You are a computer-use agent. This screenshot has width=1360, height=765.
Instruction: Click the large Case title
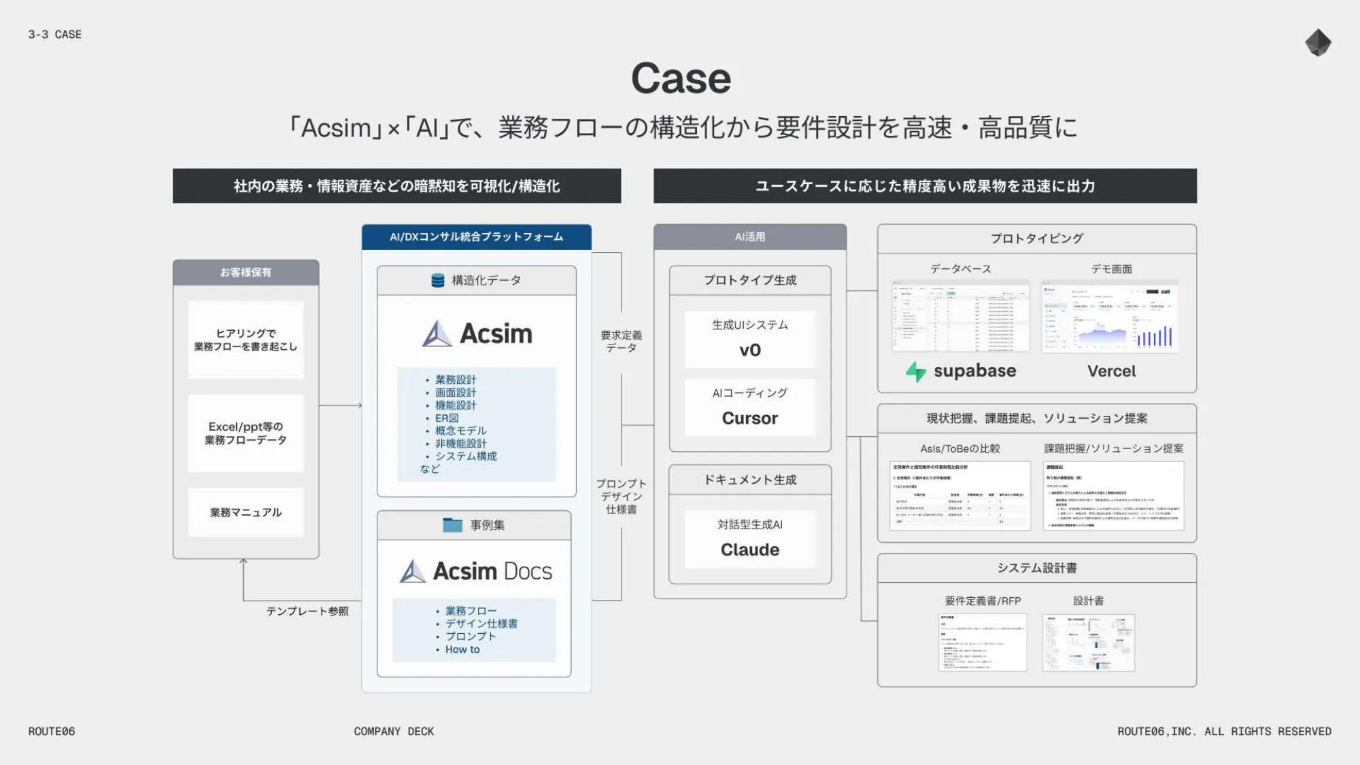pyautogui.click(x=681, y=78)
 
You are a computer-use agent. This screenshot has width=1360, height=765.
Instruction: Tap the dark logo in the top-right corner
pyautogui.click(x=1318, y=43)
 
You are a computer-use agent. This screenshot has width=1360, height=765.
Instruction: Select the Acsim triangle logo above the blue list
pyautogui.click(x=437, y=334)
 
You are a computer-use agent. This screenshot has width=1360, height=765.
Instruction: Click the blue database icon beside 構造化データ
pyautogui.click(x=438, y=280)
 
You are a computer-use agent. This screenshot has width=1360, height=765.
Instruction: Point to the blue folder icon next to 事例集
pyautogui.click(x=452, y=524)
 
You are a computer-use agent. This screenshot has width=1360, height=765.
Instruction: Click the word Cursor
pyautogui.click(x=749, y=418)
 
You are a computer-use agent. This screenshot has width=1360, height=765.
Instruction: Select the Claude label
pyautogui.click(x=749, y=549)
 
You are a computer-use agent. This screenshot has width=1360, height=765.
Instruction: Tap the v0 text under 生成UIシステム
pyautogui.click(x=749, y=350)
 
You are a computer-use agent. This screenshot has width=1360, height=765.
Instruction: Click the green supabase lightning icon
pyautogui.click(x=916, y=371)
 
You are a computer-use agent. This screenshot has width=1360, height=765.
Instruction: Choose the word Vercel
pyautogui.click(x=1111, y=371)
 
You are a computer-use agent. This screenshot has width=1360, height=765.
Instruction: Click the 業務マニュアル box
pyautogui.click(x=245, y=512)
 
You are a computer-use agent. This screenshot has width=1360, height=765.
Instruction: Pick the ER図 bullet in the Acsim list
pyautogui.click(x=447, y=418)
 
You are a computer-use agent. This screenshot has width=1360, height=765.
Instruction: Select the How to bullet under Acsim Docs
pyautogui.click(x=462, y=650)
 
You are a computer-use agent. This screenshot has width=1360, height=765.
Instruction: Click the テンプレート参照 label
pyautogui.click(x=307, y=611)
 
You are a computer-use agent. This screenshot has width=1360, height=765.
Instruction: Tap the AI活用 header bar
pyautogui.click(x=749, y=236)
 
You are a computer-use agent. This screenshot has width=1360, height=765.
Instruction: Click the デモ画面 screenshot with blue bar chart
pyautogui.click(x=1110, y=317)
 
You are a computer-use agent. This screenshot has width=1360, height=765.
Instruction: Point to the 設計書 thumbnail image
pyautogui.click(x=1088, y=643)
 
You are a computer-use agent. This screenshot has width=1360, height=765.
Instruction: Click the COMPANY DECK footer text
pyautogui.click(x=394, y=731)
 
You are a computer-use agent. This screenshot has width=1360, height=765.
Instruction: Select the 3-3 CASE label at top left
pyautogui.click(x=54, y=34)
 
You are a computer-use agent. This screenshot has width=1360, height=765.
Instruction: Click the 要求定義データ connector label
pyautogui.click(x=621, y=341)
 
